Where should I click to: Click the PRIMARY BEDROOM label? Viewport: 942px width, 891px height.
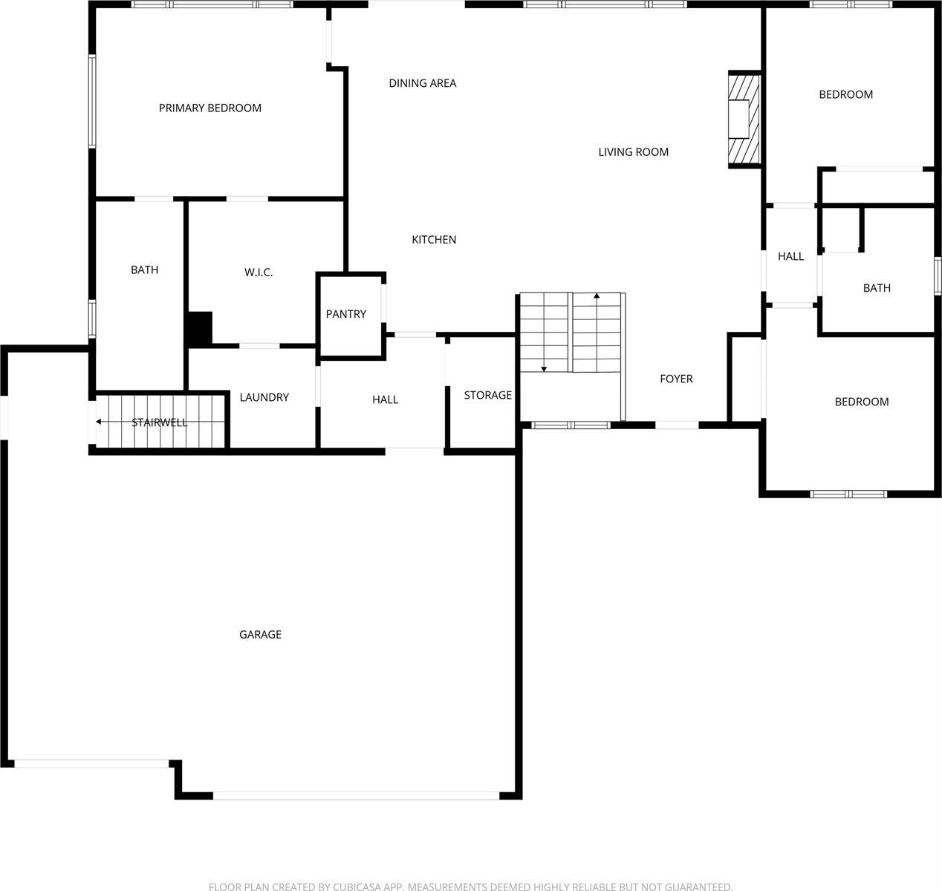[210, 108]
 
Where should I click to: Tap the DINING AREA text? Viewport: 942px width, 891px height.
[423, 83]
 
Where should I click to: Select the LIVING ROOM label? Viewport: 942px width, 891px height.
[634, 152]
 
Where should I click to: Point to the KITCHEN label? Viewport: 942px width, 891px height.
[434, 240]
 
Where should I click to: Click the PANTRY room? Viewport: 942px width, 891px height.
[346, 314]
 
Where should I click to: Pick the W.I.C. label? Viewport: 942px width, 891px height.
[259, 272]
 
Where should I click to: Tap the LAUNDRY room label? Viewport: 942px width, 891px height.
[264, 397]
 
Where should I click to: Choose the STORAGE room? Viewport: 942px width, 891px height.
[488, 395]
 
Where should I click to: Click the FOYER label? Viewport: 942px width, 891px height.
[676, 379]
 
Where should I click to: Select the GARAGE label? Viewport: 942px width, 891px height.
[260, 635]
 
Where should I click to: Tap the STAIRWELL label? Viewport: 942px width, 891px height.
[160, 422]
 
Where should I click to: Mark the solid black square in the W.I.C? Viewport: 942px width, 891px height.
[199, 329]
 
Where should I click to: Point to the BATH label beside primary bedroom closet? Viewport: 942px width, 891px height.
[144, 270]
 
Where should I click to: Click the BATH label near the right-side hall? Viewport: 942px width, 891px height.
[877, 288]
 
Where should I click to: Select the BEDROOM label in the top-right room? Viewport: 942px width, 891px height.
[845, 94]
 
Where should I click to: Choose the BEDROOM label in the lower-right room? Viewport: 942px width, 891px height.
[862, 402]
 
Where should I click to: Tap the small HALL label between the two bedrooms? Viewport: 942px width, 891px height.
[790, 256]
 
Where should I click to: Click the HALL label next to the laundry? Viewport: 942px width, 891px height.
[386, 399]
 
